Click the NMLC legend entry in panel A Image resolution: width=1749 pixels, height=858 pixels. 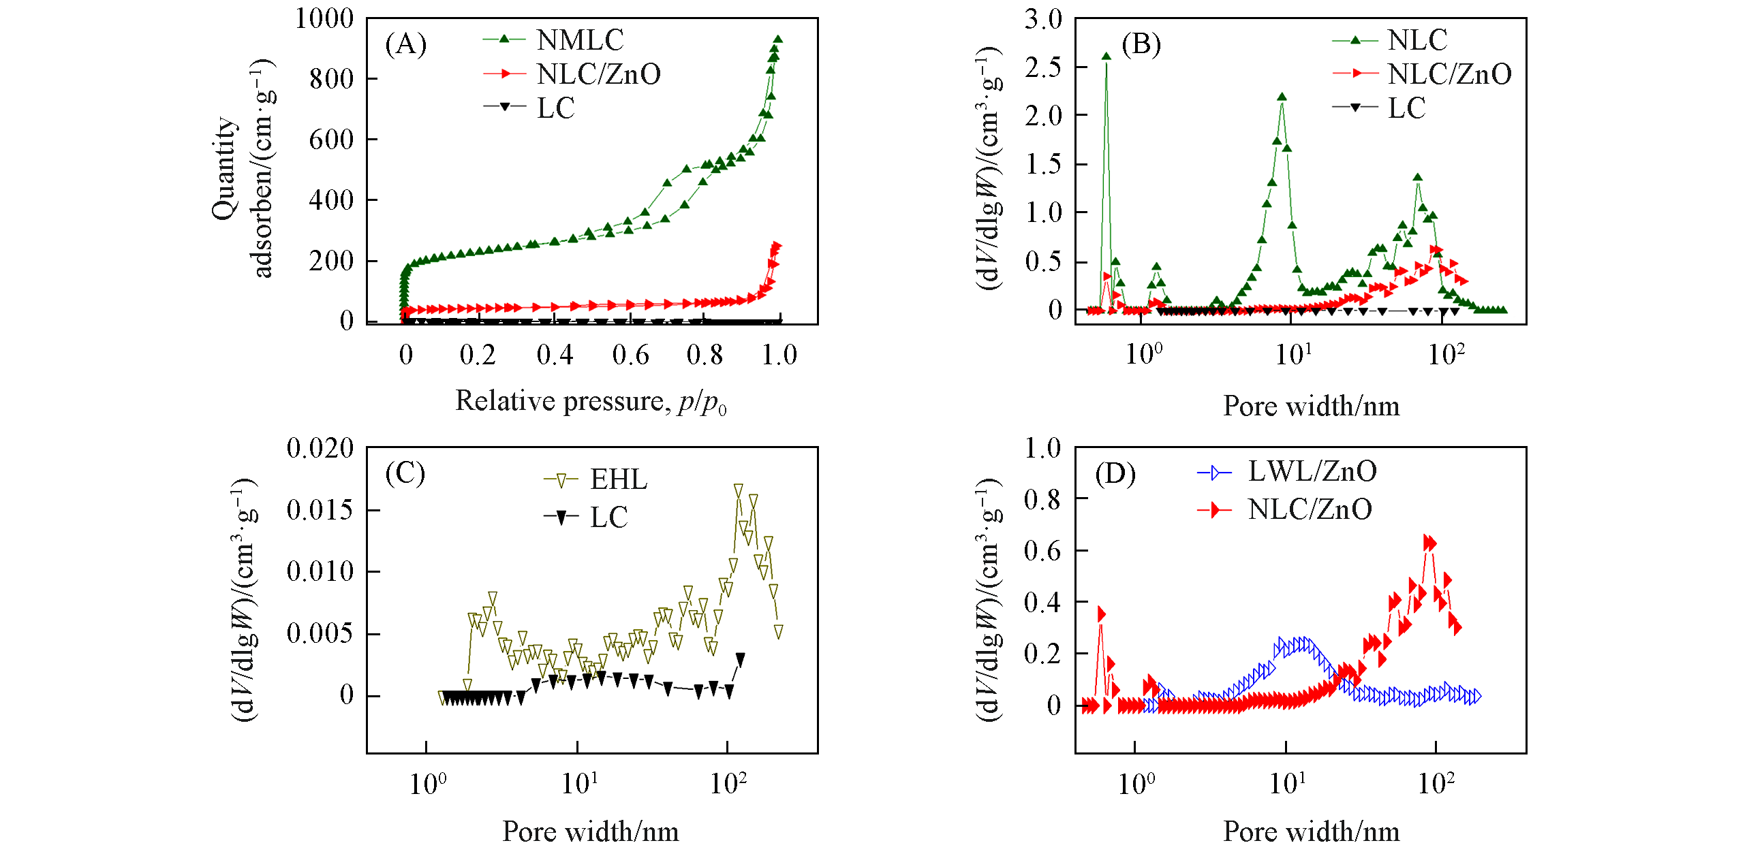[x=579, y=40]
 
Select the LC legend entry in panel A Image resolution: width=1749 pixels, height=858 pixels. [x=555, y=108]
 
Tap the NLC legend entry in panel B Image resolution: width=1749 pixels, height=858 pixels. [x=1417, y=40]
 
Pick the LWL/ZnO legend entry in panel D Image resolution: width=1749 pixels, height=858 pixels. [x=1312, y=471]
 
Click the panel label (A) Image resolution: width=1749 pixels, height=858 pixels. [x=406, y=44]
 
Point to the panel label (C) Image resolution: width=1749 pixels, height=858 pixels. [x=405, y=473]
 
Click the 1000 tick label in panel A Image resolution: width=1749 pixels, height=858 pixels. [x=324, y=18]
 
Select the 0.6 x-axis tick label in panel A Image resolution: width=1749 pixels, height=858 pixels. [x=630, y=355]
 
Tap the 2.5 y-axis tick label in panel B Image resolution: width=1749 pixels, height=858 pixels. [x=1043, y=67]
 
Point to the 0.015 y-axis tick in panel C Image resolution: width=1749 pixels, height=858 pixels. [x=320, y=510]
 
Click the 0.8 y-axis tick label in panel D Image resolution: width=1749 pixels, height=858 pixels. [x=1043, y=499]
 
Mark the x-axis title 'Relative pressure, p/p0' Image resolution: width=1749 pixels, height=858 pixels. [x=591, y=401]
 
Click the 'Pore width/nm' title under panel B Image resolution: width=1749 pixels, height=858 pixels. [x=1311, y=406]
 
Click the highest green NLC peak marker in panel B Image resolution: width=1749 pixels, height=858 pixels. [x=1106, y=57]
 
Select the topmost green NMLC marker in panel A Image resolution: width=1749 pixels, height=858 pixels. [x=777, y=39]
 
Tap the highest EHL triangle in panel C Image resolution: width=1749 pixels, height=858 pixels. [x=739, y=489]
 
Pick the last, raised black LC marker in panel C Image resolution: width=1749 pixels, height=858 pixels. [x=741, y=658]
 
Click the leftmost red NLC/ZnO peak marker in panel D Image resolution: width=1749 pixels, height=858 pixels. [x=1101, y=614]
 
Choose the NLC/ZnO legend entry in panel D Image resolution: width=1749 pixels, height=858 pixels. [x=1310, y=509]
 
